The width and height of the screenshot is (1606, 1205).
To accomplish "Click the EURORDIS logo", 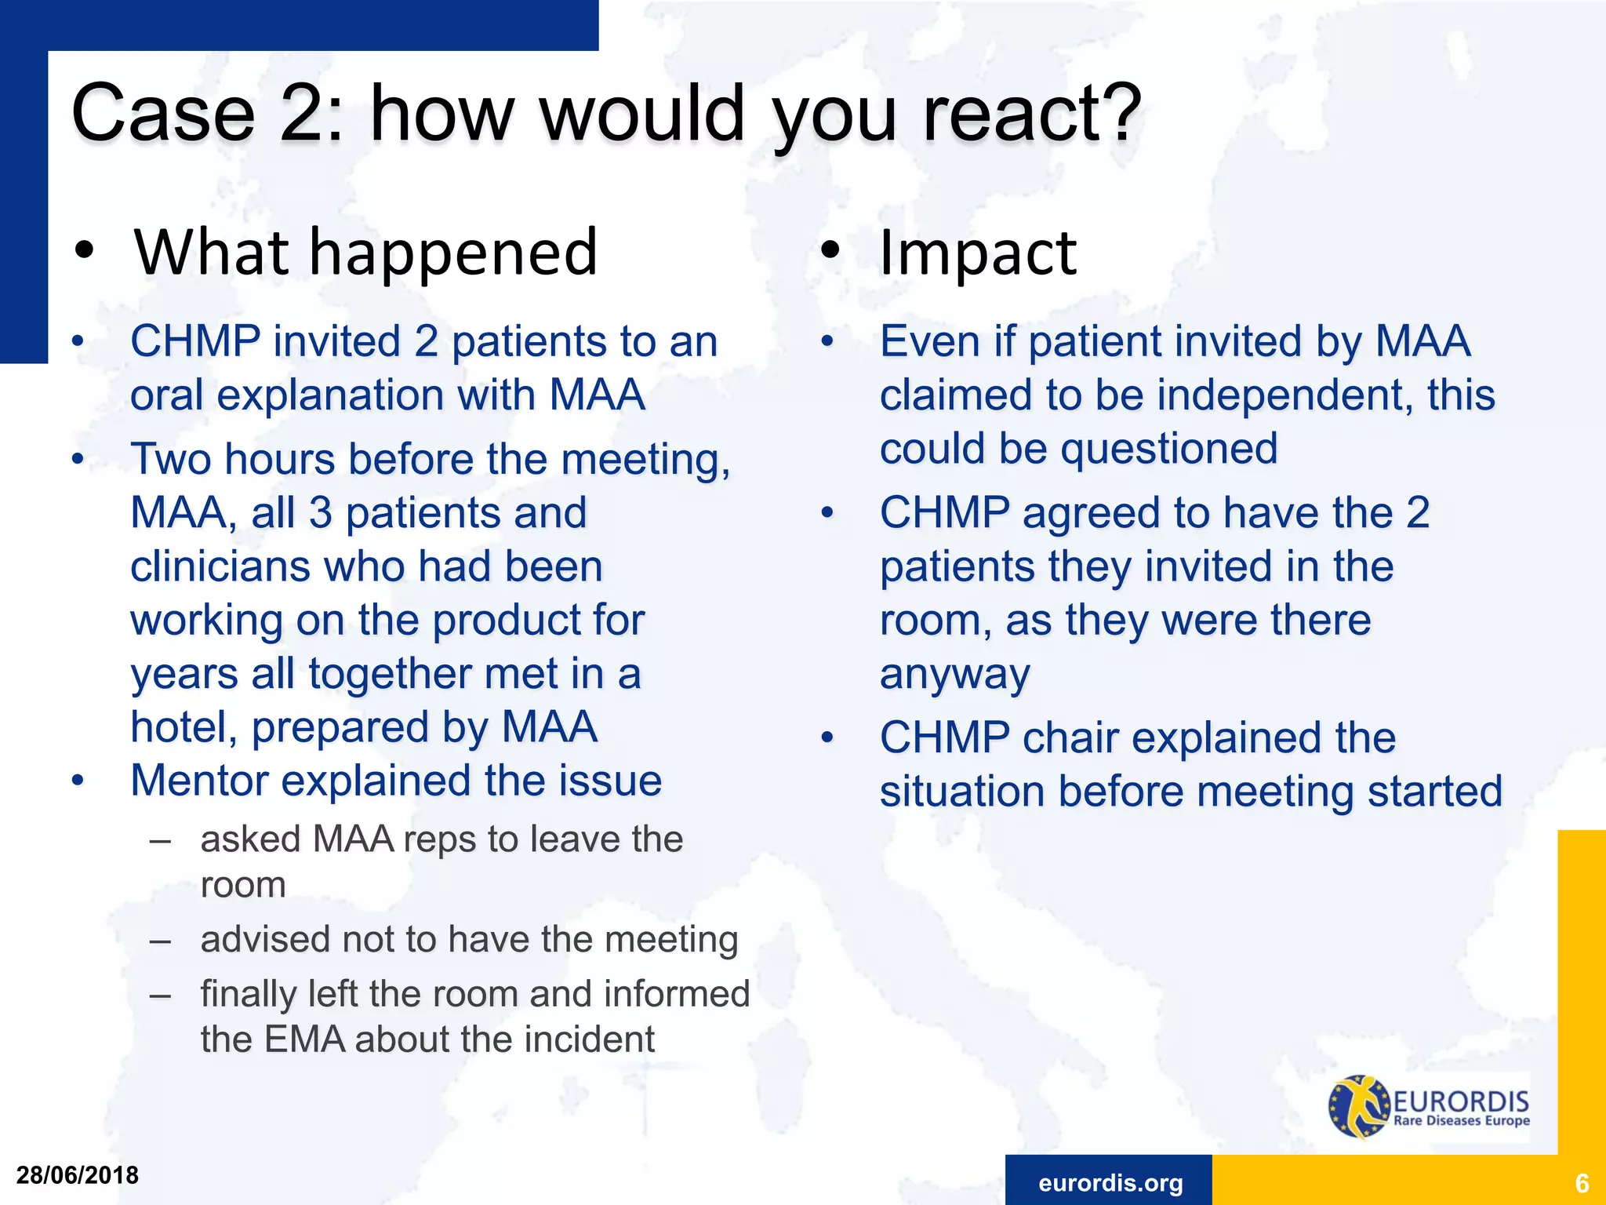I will (1429, 1107).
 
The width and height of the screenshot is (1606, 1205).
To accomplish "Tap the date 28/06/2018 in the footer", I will (78, 1175).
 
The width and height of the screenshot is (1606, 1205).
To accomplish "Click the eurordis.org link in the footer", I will (1110, 1182).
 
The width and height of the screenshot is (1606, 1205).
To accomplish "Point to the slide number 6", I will (1581, 1183).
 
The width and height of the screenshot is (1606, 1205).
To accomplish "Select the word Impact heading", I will (978, 253).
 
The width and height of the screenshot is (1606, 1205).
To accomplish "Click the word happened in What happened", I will (454, 253).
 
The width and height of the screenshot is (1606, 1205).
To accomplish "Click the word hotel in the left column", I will (183, 727).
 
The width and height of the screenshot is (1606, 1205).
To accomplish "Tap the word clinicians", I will (220, 566).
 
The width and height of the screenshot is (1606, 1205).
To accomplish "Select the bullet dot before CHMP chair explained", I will (827, 738).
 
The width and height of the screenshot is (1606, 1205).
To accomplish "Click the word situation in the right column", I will (961, 791).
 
